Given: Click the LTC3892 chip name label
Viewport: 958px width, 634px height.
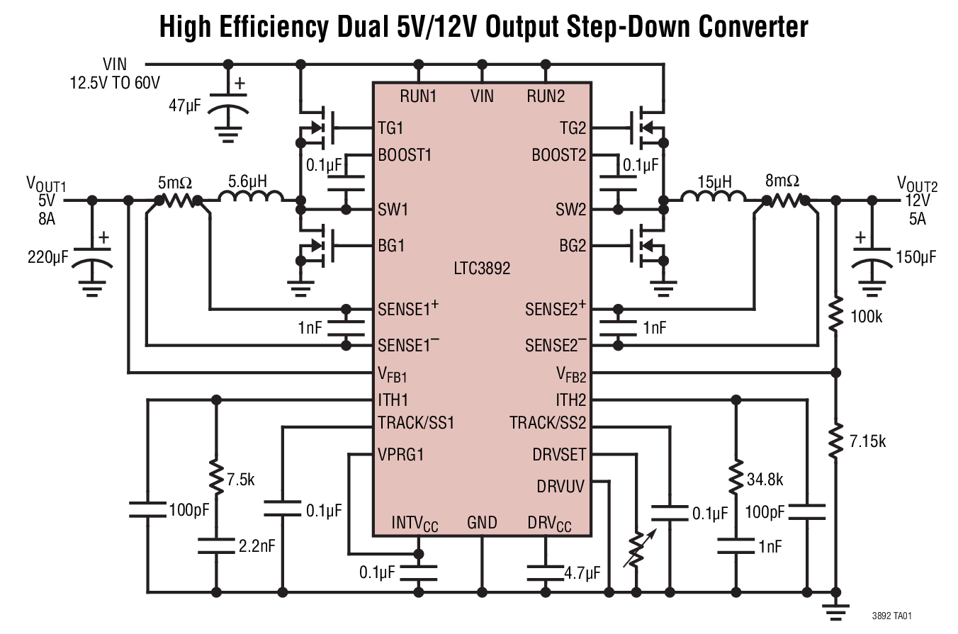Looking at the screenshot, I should pos(482,269).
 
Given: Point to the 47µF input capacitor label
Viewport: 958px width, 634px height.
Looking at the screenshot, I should pos(185,106).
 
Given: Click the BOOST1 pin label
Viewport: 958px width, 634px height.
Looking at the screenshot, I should pos(405,154).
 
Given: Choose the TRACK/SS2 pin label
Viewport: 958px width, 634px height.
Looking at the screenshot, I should pos(548,423).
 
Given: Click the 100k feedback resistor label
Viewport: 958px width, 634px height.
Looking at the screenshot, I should pos(866,317).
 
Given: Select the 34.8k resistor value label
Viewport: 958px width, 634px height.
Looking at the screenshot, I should pos(765,480).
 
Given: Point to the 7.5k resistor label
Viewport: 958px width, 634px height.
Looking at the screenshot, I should pos(240,480).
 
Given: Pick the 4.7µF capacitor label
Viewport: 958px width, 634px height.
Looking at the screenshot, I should pos(582,572).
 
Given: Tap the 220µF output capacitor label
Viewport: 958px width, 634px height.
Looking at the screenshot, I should pos(48,256).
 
